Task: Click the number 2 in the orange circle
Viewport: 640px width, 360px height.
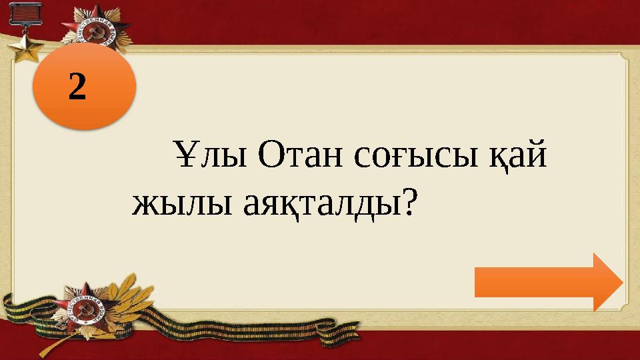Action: [78, 87]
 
